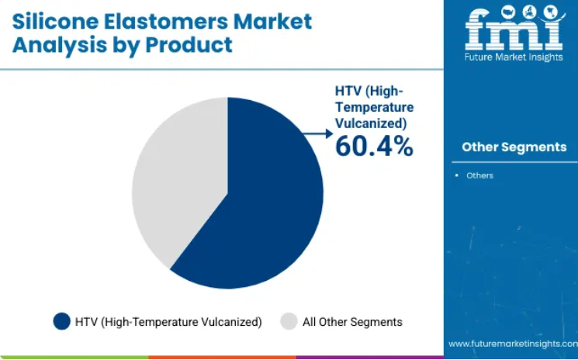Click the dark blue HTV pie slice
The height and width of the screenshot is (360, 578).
point(258,206)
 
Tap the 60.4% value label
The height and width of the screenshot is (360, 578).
point(374,147)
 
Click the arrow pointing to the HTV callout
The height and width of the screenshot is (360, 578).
point(319,133)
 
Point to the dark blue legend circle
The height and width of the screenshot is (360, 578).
point(61,321)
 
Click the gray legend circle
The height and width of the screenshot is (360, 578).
point(289,321)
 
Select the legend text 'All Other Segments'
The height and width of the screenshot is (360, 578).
point(352,322)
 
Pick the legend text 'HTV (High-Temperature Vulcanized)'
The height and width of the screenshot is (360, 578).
point(168,322)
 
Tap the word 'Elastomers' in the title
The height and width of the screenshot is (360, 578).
point(166,22)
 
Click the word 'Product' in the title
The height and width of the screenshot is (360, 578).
point(189,45)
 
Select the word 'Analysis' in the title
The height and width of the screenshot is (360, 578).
point(54,46)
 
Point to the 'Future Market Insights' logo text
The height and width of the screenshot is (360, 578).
point(514,57)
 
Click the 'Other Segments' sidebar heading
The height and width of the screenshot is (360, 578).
point(514,147)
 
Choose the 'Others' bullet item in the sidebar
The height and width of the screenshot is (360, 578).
point(479,176)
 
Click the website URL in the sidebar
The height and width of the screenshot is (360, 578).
point(513,344)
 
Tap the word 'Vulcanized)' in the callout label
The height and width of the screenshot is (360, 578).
point(371,124)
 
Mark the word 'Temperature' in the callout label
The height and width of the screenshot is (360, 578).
point(375,108)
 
